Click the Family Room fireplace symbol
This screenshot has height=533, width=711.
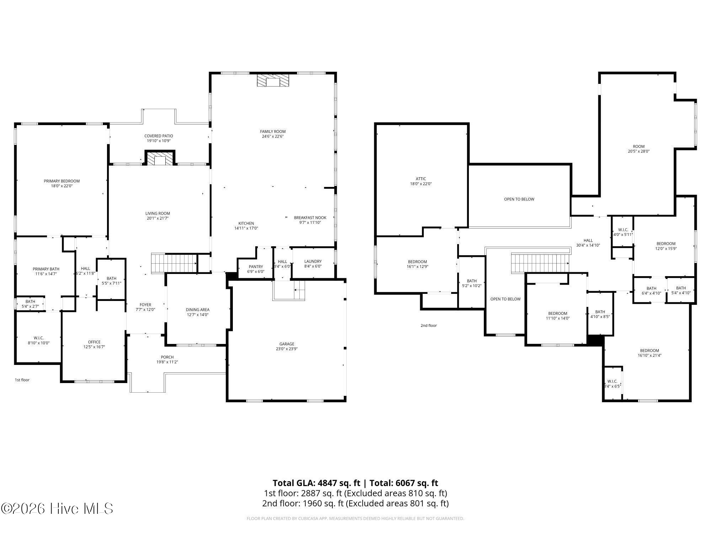273,80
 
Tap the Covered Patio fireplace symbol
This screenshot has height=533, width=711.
160,158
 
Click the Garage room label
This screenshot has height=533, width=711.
287,344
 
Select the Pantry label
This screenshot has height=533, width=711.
256,267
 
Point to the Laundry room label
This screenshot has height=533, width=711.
313,262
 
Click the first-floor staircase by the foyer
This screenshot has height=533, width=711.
174,263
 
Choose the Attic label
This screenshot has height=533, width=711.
421,179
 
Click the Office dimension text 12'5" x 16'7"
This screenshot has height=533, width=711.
94,347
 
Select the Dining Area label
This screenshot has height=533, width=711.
197,310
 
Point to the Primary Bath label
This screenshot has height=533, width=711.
46,269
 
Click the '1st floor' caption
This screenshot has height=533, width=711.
22,380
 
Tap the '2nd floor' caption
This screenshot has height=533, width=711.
428,325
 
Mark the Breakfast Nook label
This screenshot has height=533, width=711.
310,218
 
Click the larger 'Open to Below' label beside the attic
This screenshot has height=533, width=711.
519,199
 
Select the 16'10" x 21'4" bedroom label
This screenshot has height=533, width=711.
649,350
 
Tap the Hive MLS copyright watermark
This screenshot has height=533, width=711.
57,508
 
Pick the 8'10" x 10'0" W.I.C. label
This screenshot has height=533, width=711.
38,338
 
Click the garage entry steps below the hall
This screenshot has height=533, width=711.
289,290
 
